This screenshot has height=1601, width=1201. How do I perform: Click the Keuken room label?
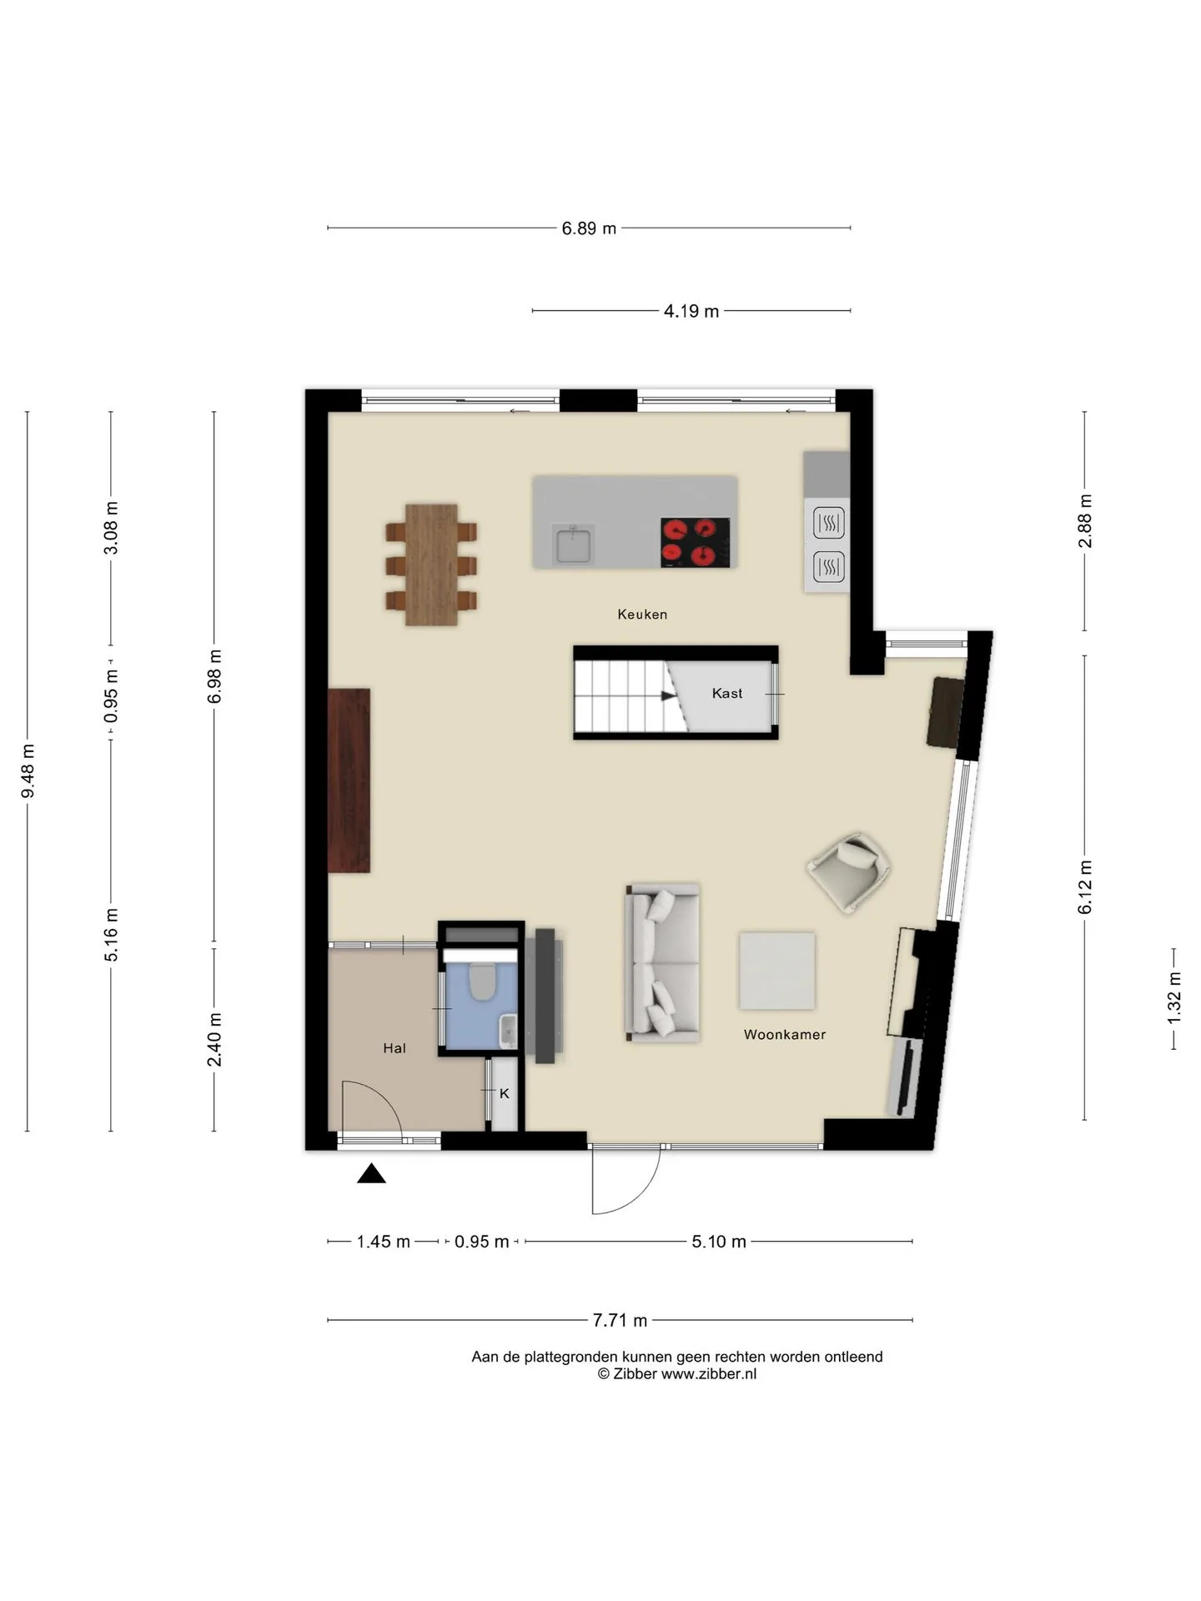(642, 615)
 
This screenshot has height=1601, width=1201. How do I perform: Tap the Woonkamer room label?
(785, 1035)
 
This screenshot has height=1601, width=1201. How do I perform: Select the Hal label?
(394, 1048)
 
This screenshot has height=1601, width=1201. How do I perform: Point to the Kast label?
(727, 693)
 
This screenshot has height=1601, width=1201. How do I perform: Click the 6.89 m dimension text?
(589, 228)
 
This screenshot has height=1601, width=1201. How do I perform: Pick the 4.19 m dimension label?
(691, 312)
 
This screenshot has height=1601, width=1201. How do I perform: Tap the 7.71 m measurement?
(621, 1320)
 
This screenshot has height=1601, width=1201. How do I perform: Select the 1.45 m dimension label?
(384, 1242)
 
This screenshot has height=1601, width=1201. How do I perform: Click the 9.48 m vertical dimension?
(28, 770)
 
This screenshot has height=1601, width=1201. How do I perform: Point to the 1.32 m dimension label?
(1174, 998)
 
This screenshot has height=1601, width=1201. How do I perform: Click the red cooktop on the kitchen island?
(695, 543)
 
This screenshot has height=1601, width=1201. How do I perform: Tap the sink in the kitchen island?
(573, 545)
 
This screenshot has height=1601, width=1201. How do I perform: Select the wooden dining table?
(431, 565)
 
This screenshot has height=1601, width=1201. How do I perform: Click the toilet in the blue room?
(481, 981)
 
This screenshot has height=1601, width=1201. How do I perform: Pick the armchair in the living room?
(849, 872)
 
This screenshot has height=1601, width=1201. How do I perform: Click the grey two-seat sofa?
(662, 963)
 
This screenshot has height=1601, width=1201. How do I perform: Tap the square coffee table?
(776, 971)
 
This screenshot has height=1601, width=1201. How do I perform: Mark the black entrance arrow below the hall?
(371, 1174)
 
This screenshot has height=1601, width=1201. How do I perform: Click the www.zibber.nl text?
(709, 1374)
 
